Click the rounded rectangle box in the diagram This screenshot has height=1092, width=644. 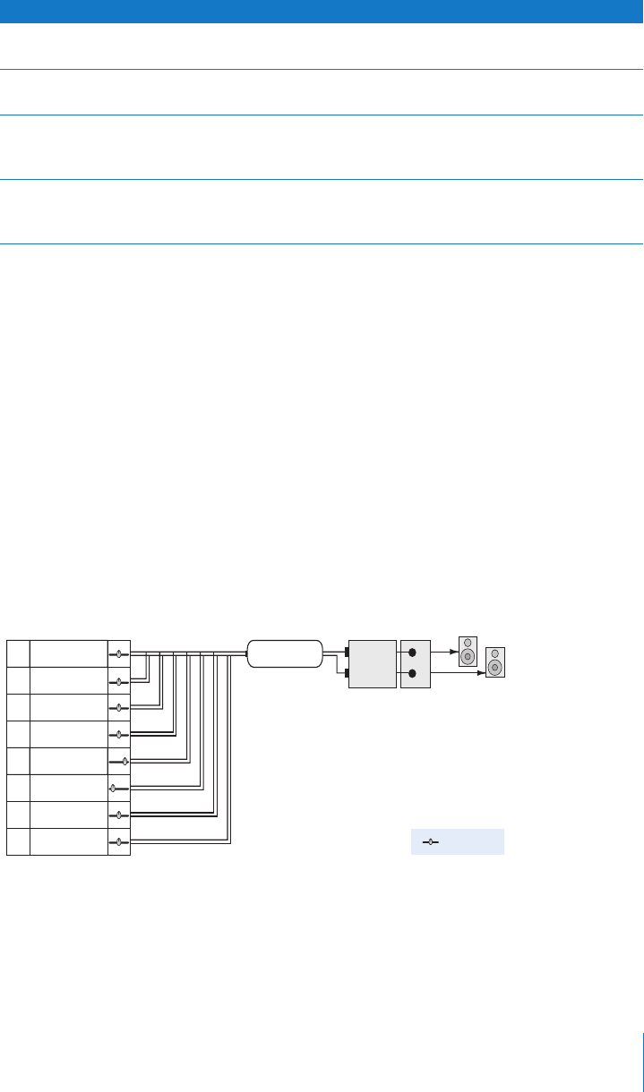[285, 653]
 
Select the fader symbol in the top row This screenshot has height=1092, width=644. [119, 654]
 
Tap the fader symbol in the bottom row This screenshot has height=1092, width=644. [119, 842]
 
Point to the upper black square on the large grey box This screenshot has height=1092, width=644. [347, 653]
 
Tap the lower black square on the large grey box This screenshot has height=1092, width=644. [347, 674]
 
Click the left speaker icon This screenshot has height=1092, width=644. [468, 652]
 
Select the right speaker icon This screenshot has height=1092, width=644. [495, 662]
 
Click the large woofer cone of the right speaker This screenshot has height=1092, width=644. [495, 667]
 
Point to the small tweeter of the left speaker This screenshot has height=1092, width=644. [468, 642]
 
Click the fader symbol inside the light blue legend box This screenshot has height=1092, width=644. [431, 842]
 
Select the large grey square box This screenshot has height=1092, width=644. [372, 663]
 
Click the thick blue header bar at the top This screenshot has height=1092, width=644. [322, 11]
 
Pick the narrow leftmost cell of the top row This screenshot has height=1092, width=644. [18, 653]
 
